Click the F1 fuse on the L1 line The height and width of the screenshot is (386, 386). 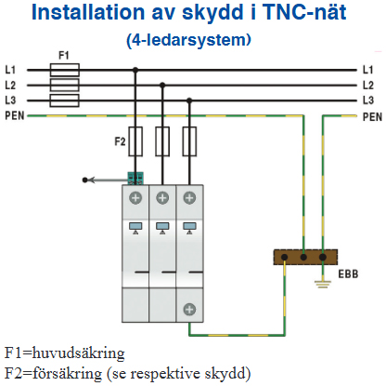point(65,70)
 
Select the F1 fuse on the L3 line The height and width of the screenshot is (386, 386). point(65,100)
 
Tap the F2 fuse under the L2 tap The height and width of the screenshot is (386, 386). point(162,141)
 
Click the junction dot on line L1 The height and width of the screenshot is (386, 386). point(135,70)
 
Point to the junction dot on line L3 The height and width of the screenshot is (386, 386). point(189,100)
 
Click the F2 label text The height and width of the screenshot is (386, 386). point(120,141)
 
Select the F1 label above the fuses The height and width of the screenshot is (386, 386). point(64,56)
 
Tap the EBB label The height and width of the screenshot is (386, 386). point(348,274)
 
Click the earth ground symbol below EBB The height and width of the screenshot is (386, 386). point(323,284)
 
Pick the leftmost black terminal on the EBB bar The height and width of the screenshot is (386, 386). point(285,257)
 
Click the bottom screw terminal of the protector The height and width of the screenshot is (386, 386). point(189,310)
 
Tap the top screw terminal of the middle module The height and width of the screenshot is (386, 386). point(162,198)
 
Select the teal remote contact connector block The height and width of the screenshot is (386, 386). point(135,179)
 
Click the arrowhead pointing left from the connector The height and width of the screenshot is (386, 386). point(92,180)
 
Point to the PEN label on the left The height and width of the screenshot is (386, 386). point(15,116)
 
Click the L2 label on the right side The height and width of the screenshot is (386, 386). point(368,86)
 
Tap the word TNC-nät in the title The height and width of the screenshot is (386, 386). point(305,12)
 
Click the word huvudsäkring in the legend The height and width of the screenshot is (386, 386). point(79,353)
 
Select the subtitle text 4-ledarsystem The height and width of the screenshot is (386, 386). point(188,40)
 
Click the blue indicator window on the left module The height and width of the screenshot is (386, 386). point(135,226)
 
